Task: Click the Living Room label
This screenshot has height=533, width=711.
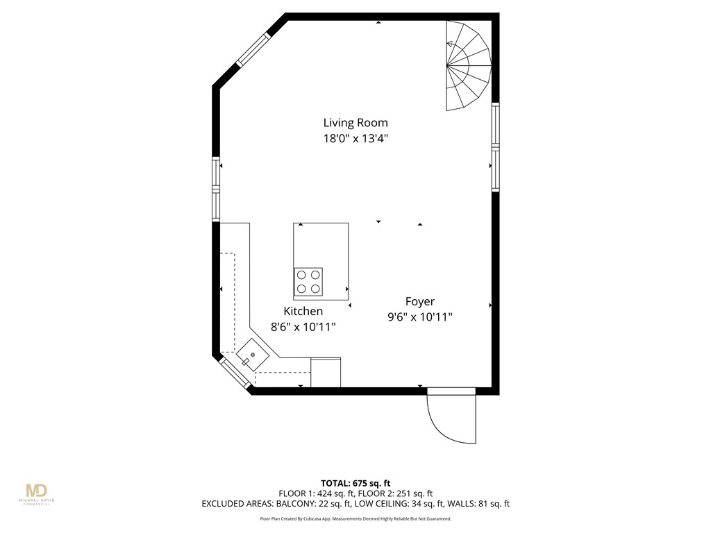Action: (355, 123)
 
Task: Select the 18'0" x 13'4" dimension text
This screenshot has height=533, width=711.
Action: (355, 138)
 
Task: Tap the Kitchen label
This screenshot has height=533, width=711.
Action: (303, 311)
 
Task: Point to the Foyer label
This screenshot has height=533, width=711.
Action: (420, 301)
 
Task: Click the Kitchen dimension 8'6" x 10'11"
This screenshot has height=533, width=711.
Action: (303, 327)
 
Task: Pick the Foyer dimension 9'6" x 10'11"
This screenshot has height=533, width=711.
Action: (420, 317)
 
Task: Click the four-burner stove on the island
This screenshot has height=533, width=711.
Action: (308, 282)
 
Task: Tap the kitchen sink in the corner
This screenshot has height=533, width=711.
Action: (253, 355)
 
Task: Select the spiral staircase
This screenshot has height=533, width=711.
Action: (467, 66)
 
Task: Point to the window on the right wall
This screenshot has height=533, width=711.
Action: (495, 147)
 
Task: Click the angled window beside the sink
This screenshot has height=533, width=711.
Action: (235, 373)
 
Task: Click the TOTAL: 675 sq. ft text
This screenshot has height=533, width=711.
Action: (355, 483)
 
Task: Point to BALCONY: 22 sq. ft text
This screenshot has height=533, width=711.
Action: (312, 504)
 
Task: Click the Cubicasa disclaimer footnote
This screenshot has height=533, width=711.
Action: (355, 518)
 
